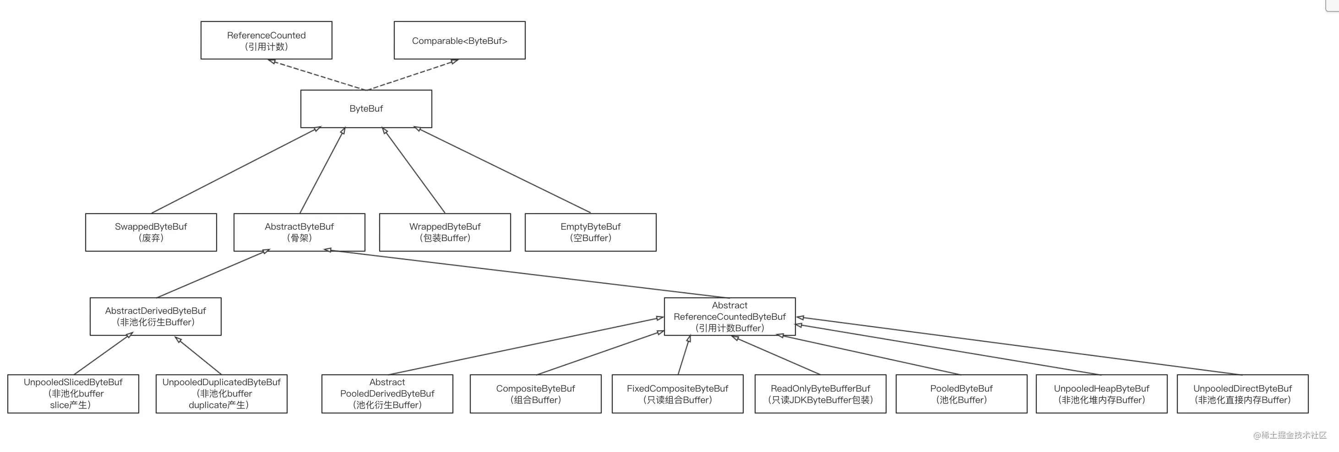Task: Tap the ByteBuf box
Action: coord(366,108)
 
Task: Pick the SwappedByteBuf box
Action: coord(151,232)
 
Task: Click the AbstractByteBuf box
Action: coord(299,232)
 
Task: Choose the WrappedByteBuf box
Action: coord(445,232)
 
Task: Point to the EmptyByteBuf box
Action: coord(590,232)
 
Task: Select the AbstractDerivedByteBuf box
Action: coord(155,317)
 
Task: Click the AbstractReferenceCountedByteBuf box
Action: coord(730,317)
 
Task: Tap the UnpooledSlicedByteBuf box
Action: coord(73,394)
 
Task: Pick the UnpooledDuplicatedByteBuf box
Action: coord(222,394)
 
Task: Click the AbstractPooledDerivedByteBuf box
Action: coord(387,394)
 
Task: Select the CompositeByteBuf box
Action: coord(535,394)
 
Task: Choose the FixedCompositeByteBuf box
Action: coord(678,394)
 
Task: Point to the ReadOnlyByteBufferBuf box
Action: coord(820,394)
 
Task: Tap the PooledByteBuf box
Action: coord(962,394)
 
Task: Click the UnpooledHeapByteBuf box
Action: coord(1101,394)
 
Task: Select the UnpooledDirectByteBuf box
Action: coord(1243,394)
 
